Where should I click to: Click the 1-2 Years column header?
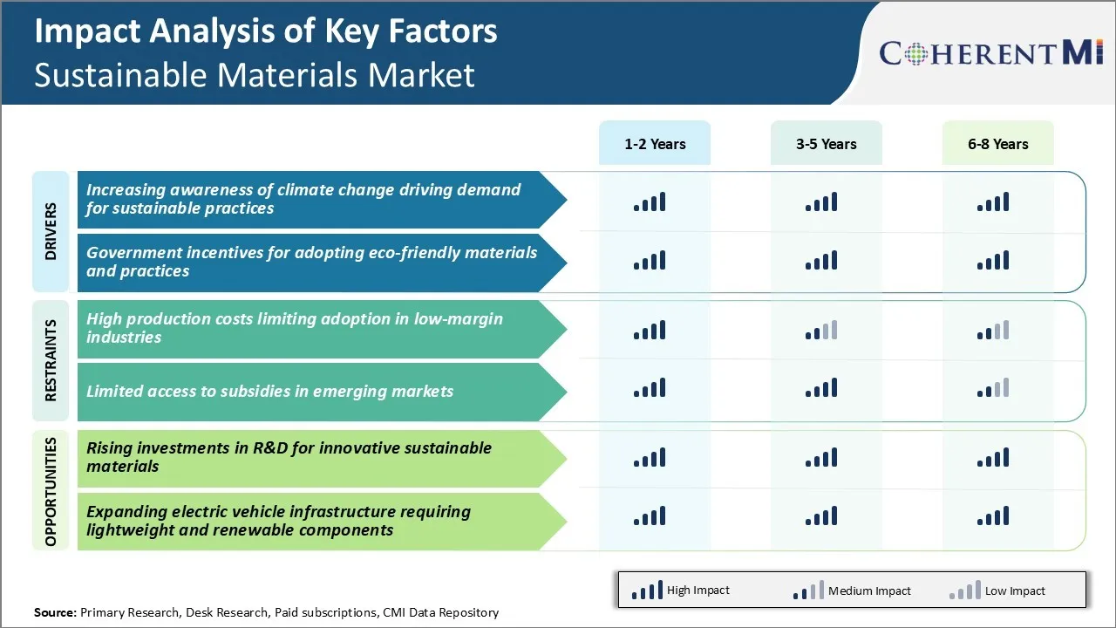click(x=655, y=143)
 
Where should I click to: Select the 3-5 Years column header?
click(x=826, y=143)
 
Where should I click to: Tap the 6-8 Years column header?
click(x=998, y=143)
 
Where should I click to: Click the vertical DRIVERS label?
click(x=51, y=231)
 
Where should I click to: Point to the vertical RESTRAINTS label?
click(x=51, y=360)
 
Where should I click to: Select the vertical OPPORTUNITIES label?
click(x=51, y=491)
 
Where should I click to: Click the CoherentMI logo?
click(x=991, y=52)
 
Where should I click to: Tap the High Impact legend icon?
click(x=647, y=590)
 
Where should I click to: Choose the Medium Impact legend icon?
click(x=808, y=590)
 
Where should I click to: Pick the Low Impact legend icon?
click(x=965, y=590)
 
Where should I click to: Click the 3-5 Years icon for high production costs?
click(x=821, y=330)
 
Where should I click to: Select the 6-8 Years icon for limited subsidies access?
click(x=993, y=388)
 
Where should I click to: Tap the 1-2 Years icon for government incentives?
click(x=650, y=260)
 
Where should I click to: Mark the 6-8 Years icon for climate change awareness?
click(x=993, y=201)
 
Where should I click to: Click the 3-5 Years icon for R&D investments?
click(x=821, y=458)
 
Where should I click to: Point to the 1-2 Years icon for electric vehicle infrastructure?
click(x=650, y=515)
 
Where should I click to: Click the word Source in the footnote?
click(x=55, y=612)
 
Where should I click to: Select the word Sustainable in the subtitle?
click(x=120, y=75)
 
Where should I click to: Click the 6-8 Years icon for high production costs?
click(x=993, y=330)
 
